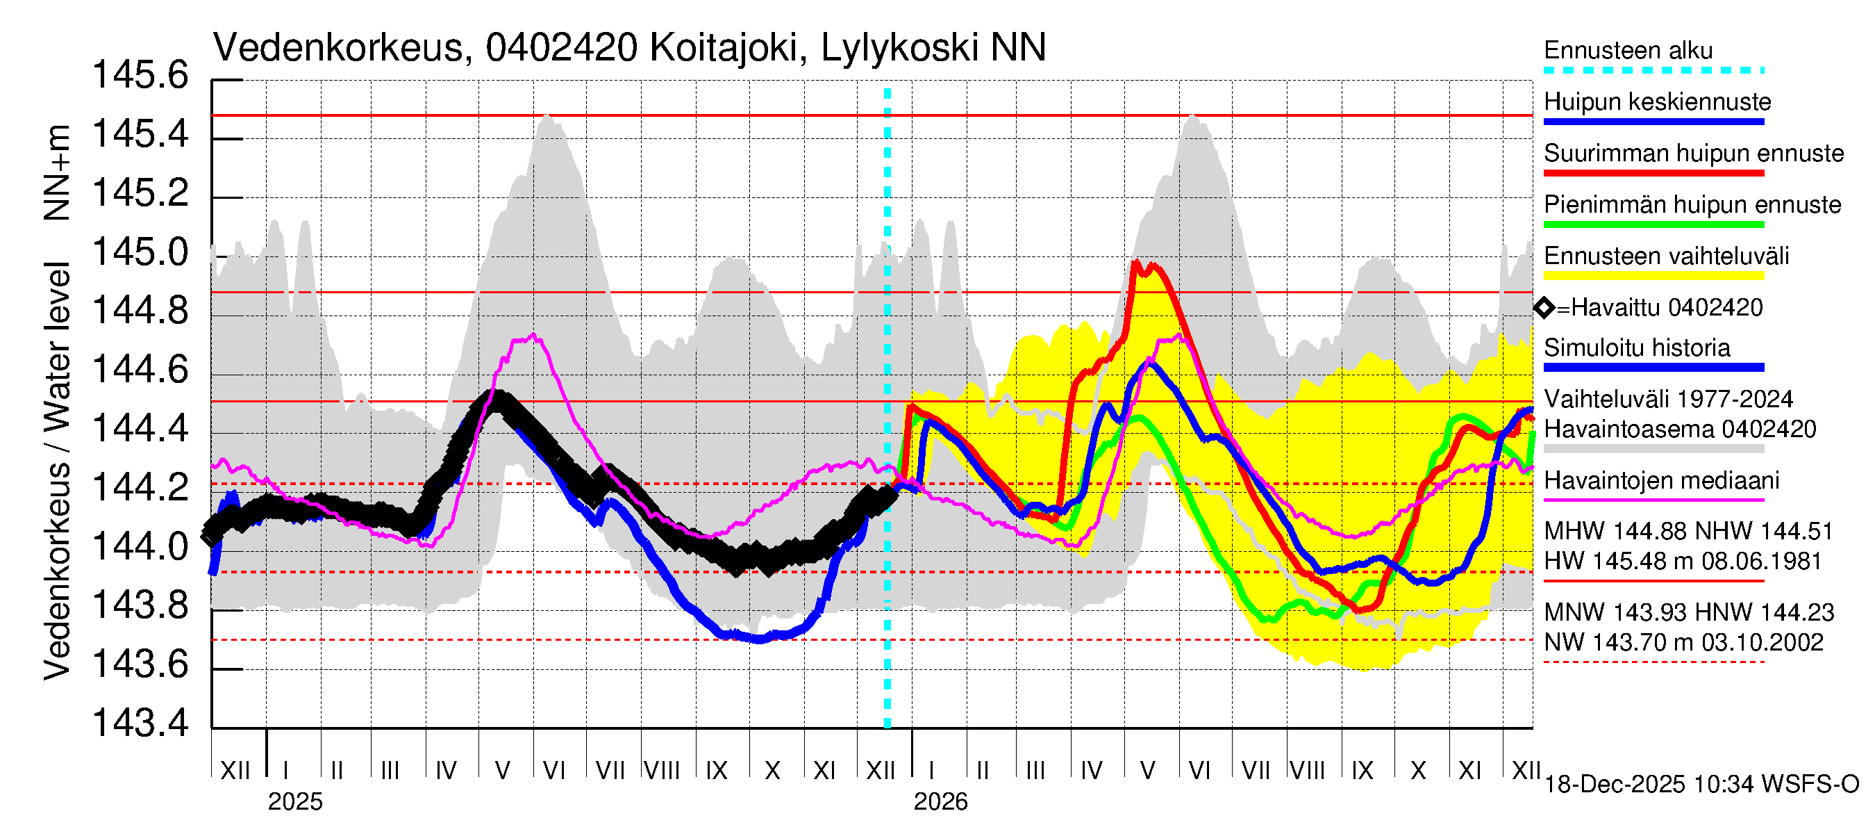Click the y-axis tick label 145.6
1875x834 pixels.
tap(140, 75)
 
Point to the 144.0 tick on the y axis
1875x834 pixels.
tap(140, 546)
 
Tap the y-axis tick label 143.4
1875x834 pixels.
tap(140, 723)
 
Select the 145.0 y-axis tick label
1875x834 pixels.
tap(140, 252)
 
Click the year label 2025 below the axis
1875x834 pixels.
tap(294, 802)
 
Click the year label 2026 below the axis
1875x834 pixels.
tap(940, 802)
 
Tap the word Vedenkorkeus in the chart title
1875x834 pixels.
tap(337, 48)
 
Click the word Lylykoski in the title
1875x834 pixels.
tap(899, 48)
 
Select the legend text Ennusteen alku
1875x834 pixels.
tap(1628, 50)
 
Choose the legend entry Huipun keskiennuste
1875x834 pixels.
tap(1658, 102)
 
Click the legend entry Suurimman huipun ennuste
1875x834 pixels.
tap(1694, 154)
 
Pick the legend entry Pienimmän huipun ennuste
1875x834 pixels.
tap(1692, 204)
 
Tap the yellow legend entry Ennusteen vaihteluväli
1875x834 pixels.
tap(1666, 256)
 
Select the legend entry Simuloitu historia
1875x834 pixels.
tap(1637, 348)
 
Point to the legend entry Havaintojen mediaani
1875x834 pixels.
tap(1662, 481)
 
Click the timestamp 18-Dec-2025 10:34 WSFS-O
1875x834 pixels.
tap(1701, 785)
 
